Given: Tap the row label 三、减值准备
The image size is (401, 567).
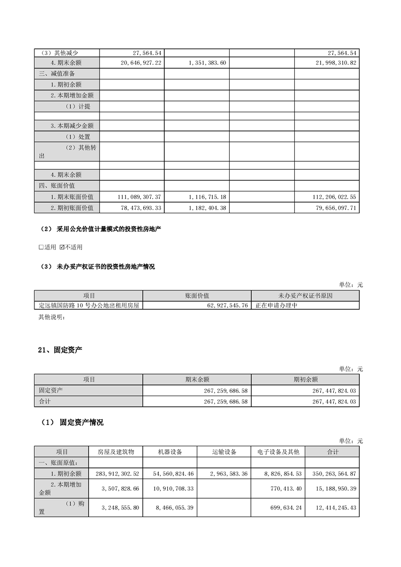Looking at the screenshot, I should click(57, 73).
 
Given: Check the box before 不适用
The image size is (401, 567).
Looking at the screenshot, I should click(62, 248).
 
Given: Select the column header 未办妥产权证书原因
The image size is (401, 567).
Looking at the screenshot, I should click(305, 296).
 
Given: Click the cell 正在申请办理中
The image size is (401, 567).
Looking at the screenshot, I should click(276, 306).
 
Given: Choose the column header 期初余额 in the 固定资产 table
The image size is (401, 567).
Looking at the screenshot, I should click(305, 380).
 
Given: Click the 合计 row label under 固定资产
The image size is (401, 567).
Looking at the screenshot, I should click(45, 402).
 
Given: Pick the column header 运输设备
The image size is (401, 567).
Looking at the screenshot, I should click(224, 452).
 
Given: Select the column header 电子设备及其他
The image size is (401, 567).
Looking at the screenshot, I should click(278, 452).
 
